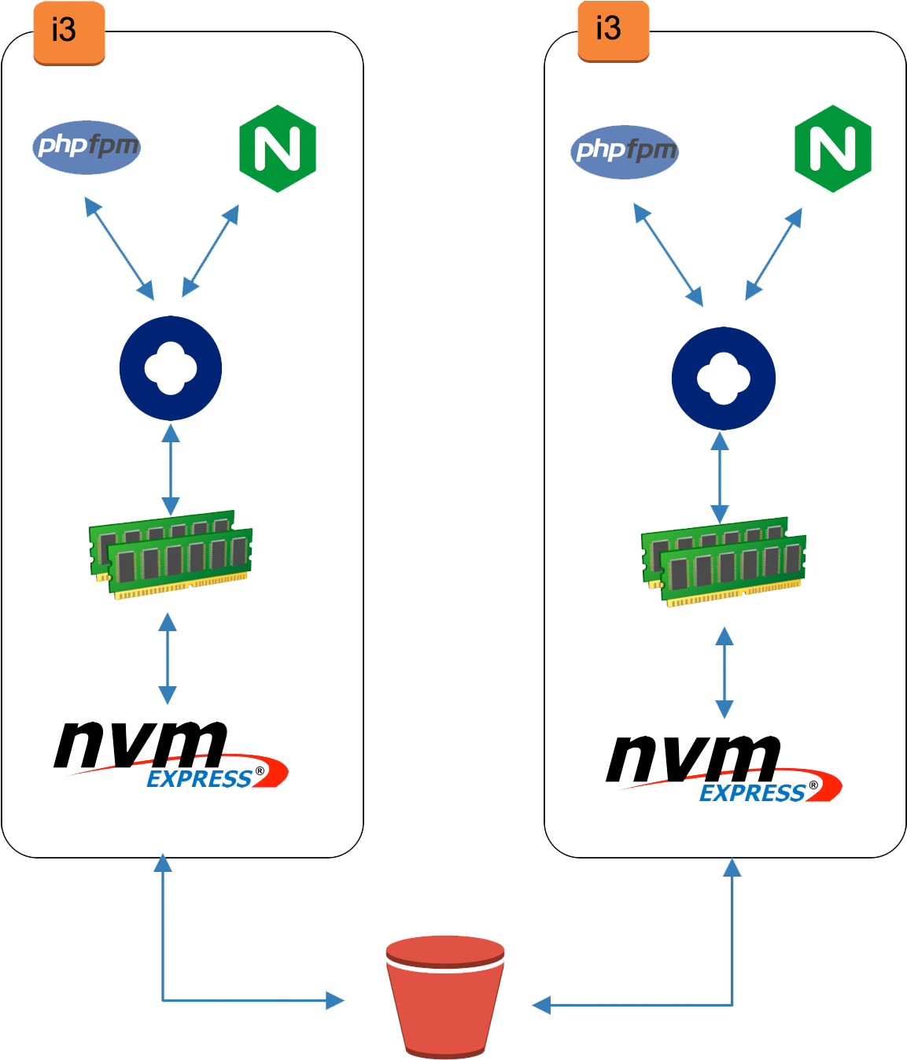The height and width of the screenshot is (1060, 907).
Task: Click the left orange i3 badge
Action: pyautogui.click(x=68, y=32)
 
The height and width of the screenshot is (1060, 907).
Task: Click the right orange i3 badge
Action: pyautogui.click(x=613, y=31)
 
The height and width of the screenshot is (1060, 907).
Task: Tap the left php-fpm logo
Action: pyautogui.click(x=87, y=146)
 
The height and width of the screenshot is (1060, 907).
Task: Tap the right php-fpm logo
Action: pyautogui.click(x=625, y=151)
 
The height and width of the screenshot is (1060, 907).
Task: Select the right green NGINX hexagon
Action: pyautogui.click(x=832, y=150)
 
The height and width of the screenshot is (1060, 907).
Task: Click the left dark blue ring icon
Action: pyautogui.click(x=171, y=368)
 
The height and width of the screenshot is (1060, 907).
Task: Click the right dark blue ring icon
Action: pyautogui.click(x=724, y=378)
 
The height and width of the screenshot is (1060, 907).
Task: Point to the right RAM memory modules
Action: pyautogui.click(x=724, y=562)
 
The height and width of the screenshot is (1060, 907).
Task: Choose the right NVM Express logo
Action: pyautogui.click(x=724, y=768)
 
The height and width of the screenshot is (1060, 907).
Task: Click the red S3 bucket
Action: pyautogui.click(x=445, y=995)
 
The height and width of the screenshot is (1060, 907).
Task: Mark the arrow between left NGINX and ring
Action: pyautogui.click(x=210, y=252)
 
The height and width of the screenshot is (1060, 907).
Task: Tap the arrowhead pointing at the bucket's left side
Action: pyautogui.click(x=337, y=1001)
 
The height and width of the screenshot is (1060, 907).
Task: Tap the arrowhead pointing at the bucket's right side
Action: pyautogui.click(x=540, y=1005)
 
